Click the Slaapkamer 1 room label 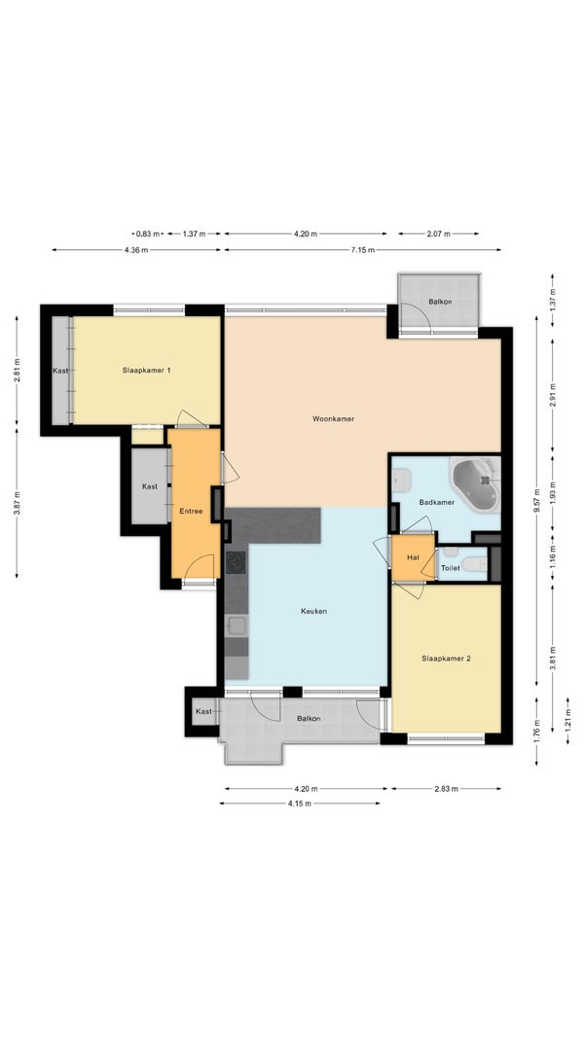(147, 371)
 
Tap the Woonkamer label (333, 418)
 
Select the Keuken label (313, 611)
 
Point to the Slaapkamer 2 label (447, 658)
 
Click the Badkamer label (436, 502)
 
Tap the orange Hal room (414, 557)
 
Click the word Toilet (451, 568)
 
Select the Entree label (191, 511)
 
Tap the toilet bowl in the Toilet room (474, 564)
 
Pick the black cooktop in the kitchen (236, 563)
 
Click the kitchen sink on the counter (237, 626)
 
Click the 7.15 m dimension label (362, 250)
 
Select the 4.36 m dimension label (135, 250)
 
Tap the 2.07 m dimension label (438, 233)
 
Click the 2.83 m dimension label (446, 788)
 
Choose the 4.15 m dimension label (300, 804)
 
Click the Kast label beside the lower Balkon (203, 712)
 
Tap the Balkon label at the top (440, 302)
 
